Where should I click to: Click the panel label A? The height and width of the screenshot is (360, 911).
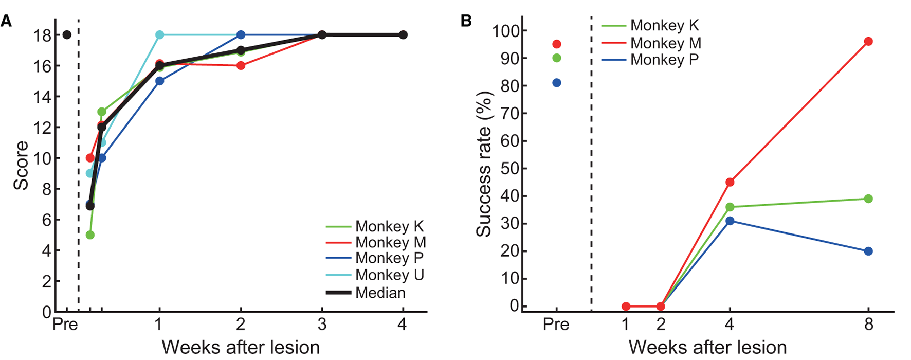pyautogui.click(x=6, y=21)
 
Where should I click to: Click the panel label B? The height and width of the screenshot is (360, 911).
pyautogui.click(x=466, y=21)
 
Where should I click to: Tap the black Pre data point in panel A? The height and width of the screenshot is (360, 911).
pyautogui.click(x=66, y=35)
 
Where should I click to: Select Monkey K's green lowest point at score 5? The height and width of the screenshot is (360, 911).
pyautogui.click(x=90, y=235)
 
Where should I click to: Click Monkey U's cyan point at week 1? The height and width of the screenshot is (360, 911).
pyautogui.click(x=159, y=35)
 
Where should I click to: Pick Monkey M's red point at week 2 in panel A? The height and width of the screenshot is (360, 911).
pyautogui.click(x=241, y=66)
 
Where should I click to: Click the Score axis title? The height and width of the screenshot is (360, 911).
pyautogui.click(x=21, y=166)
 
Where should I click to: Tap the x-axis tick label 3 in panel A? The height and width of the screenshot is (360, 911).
pyautogui.click(x=321, y=324)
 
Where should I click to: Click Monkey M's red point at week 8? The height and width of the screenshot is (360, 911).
pyautogui.click(x=868, y=42)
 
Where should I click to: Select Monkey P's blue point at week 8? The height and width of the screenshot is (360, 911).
pyautogui.click(x=868, y=251)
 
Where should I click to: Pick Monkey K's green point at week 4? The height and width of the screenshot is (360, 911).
pyautogui.click(x=730, y=207)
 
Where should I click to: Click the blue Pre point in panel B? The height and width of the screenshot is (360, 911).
pyautogui.click(x=556, y=83)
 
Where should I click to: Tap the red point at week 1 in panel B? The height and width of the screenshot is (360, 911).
pyautogui.click(x=626, y=307)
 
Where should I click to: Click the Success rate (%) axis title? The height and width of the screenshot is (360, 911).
pyautogui.click(x=484, y=165)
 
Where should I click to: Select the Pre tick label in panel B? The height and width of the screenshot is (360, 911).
pyautogui.click(x=556, y=325)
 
